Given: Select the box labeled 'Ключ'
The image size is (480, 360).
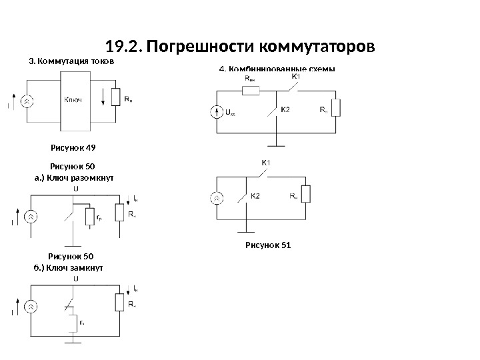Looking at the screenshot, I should (74, 100).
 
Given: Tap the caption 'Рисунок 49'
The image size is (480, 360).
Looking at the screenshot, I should (73, 148).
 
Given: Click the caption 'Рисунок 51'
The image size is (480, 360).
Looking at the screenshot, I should (269, 245).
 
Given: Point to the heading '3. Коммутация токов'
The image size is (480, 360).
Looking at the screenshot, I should (71, 61).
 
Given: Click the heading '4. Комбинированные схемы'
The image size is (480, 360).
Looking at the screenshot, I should (277, 69).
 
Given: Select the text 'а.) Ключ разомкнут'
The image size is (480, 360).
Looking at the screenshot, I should (74, 178).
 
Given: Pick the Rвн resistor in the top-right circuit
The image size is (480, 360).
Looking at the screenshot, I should (251, 90).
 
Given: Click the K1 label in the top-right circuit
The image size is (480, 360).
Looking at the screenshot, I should (297, 77).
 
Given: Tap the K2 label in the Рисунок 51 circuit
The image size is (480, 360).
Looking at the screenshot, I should (256, 195).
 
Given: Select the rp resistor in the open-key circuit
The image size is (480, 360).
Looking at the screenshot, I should (91, 218).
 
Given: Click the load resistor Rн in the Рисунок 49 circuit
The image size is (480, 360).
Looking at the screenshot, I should (117, 99).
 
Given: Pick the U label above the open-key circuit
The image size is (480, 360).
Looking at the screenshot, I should (75, 189).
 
